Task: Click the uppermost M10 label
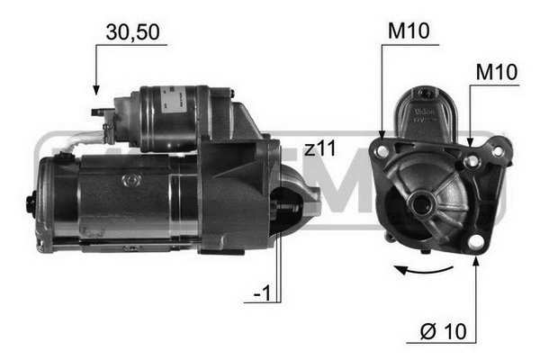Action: click(409, 32)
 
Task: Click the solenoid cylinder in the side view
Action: click(175, 117)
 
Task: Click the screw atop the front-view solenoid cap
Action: click(423, 91)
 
